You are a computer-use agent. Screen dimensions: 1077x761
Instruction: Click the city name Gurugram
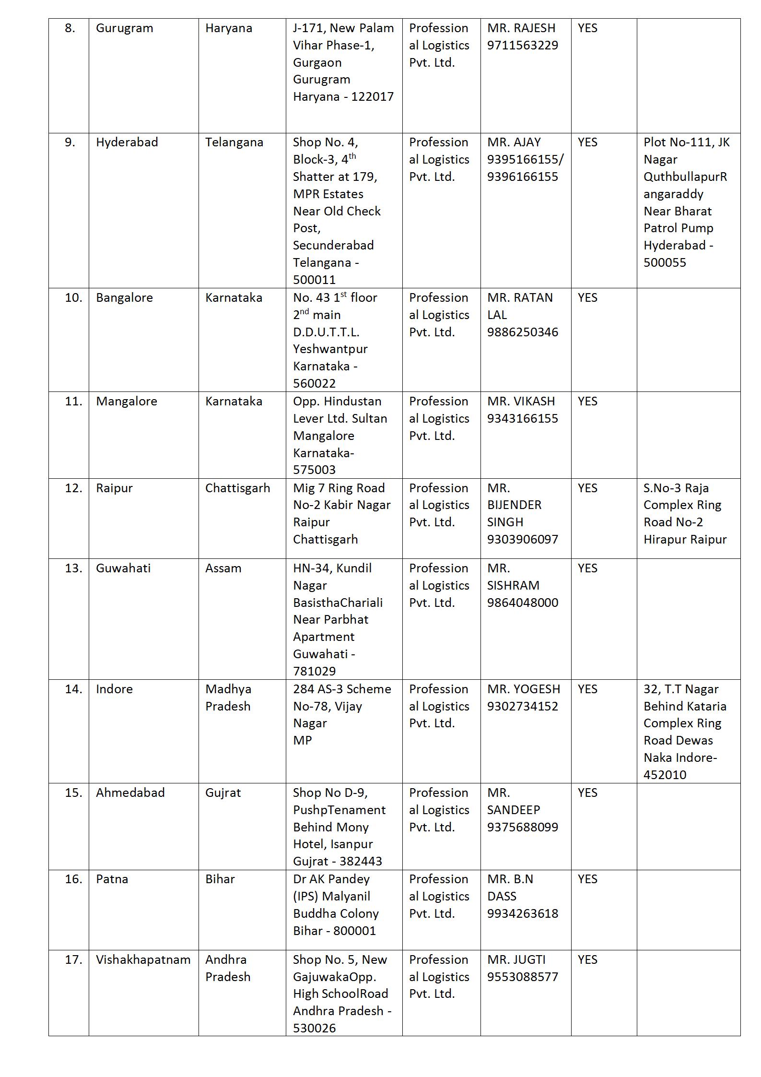[x=124, y=28]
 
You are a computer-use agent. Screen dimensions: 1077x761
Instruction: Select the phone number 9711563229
[x=522, y=46]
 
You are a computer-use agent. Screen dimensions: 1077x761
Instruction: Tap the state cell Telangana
[x=234, y=142]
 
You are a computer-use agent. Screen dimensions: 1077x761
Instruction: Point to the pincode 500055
[x=664, y=263]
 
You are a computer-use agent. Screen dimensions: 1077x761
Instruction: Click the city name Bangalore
[x=124, y=298]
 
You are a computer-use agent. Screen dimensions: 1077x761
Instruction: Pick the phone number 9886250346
[x=522, y=332]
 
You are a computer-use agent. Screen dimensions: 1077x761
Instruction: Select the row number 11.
[x=73, y=402]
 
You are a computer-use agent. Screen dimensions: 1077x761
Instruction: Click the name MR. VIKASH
[x=521, y=402]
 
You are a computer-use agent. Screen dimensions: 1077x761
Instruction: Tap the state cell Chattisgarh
[x=237, y=488]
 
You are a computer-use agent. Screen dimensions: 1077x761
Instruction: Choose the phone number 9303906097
[x=522, y=540]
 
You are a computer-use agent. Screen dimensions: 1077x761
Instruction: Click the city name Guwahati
[x=123, y=568]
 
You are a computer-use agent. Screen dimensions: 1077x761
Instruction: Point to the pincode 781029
[x=314, y=671]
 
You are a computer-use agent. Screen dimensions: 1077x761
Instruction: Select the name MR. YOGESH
[x=523, y=689]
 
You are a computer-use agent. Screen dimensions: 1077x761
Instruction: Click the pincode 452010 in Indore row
[x=664, y=775]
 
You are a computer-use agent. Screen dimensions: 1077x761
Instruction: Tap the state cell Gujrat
[x=223, y=793]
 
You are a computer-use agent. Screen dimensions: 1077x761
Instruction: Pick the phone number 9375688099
[x=522, y=828]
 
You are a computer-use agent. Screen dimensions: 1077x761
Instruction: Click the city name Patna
[x=112, y=879]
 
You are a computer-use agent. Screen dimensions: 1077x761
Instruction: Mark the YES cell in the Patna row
[x=587, y=879]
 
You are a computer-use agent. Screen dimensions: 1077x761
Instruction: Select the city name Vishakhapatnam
[x=143, y=960]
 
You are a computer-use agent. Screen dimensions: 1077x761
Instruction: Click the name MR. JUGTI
[x=516, y=960]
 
